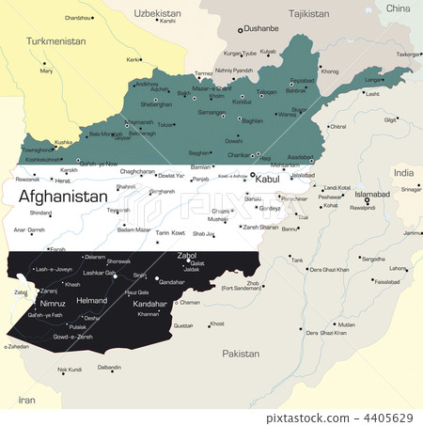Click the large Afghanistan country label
point(63,197)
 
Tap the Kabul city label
point(268,179)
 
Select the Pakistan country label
point(240,354)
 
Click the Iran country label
point(26,401)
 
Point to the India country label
point(403,173)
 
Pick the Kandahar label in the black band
point(150,305)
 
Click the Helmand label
point(91,301)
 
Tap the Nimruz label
point(53,304)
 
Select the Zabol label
point(187,255)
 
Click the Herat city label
point(63,180)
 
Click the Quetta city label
point(183,325)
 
